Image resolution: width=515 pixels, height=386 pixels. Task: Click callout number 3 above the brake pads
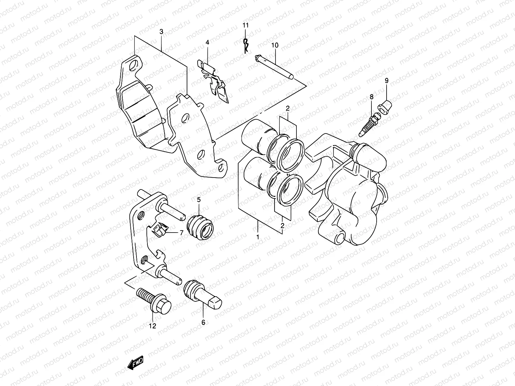[161, 32]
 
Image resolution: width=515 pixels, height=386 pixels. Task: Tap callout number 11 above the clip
[246, 25]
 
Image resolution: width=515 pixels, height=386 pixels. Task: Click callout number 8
[371, 96]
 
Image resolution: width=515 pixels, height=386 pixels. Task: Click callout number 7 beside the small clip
[181, 233]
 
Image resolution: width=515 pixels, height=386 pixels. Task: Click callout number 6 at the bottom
[203, 322]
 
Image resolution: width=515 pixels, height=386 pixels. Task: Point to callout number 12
[152, 326]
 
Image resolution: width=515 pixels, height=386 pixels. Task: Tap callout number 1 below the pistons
[257, 237]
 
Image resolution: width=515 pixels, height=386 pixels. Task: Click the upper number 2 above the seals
[287, 108]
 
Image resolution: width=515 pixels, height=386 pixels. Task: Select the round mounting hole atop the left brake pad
[132, 67]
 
